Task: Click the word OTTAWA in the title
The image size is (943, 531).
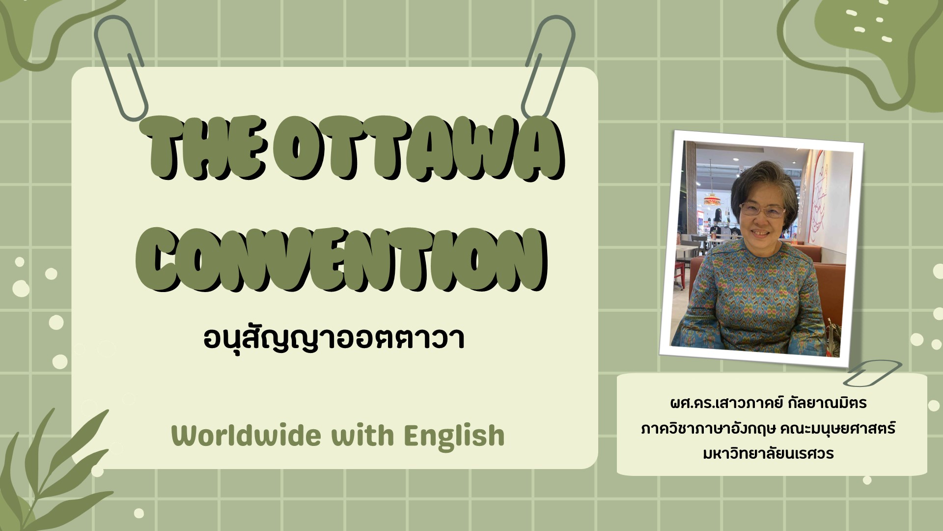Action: point(417,148)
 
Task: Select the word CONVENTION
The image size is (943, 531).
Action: point(342,260)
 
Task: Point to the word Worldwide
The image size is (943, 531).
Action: point(246,436)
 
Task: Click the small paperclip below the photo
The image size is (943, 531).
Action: point(872,373)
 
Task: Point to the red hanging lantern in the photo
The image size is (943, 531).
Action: point(712,199)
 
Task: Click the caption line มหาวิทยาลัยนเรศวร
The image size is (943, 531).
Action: point(769,453)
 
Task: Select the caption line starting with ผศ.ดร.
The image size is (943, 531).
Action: point(769,403)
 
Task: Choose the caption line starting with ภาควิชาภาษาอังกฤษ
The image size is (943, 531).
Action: point(769,428)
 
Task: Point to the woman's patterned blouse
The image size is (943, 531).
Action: point(751,300)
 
